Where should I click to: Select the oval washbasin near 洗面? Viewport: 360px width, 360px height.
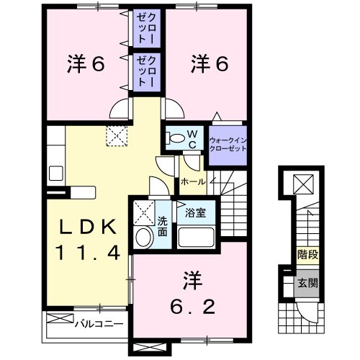[x=143, y=237]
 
